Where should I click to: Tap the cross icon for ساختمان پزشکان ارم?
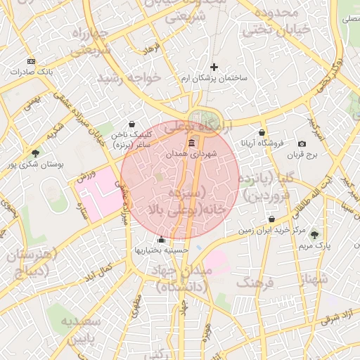[x=214, y=67]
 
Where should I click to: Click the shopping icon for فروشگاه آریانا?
[x=262, y=131]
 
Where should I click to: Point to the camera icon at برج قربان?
[x=302, y=143]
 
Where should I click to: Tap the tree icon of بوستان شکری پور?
[x=35, y=153]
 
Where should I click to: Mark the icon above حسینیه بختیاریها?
[x=162, y=239]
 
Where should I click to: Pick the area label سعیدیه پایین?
[x=84, y=331]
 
